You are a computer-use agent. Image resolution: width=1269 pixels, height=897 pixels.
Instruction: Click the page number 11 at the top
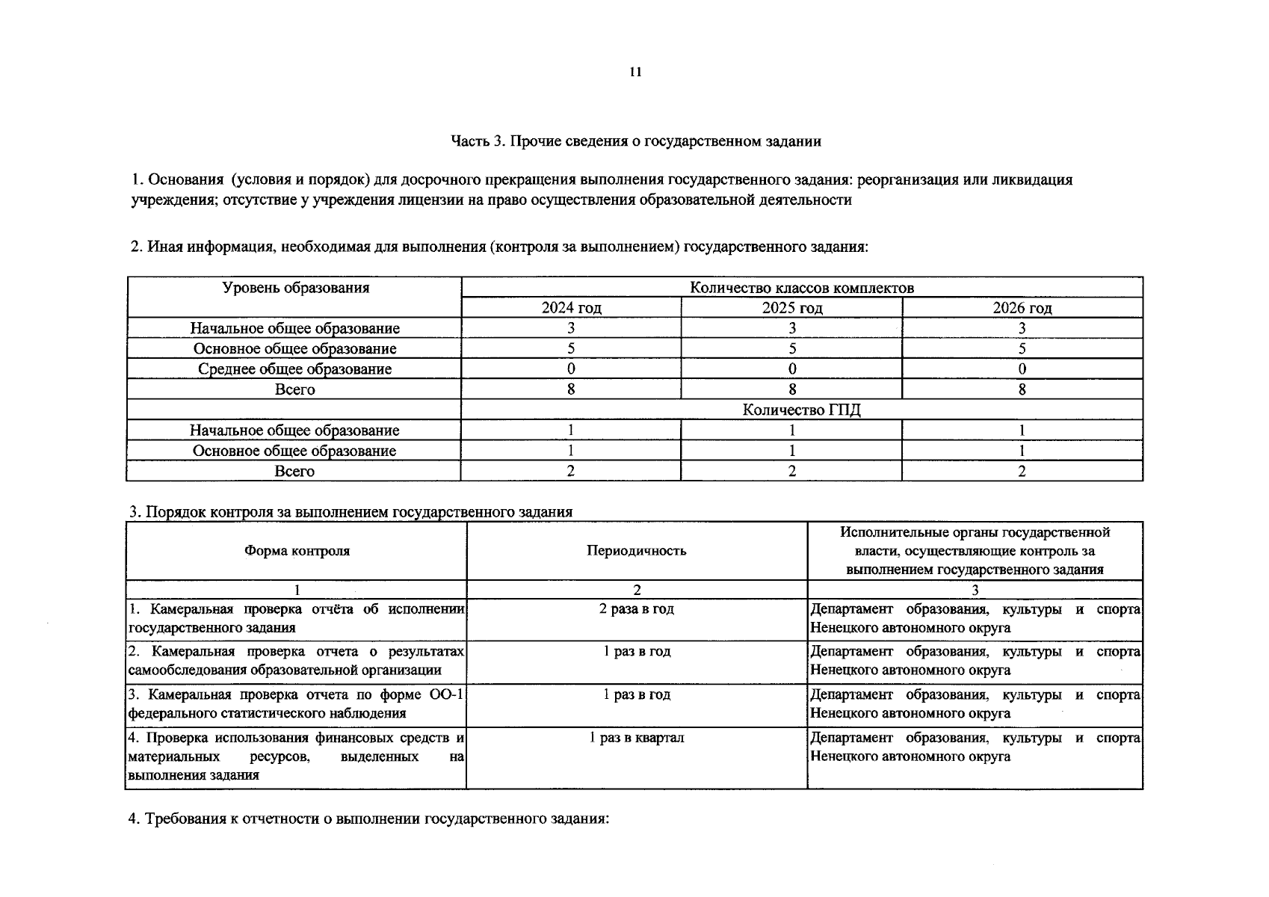tap(635, 72)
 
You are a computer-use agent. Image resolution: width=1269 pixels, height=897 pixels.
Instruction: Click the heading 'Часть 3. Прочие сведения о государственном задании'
tap(635, 141)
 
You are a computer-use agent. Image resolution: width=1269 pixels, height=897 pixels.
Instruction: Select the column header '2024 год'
tap(571, 308)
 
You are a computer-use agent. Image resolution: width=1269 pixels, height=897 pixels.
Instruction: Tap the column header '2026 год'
tap(1022, 308)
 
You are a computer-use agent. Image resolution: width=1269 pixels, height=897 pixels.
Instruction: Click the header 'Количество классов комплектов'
tap(801, 288)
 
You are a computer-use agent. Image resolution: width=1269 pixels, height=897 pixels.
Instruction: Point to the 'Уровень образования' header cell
tap(295, 288)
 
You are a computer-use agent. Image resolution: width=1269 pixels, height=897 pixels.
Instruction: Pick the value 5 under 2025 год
tap(791, 348)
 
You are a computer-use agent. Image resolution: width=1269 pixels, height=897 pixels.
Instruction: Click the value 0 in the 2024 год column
tap(571, 369)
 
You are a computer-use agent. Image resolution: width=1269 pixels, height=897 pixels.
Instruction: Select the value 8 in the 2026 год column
tap(1022, 389)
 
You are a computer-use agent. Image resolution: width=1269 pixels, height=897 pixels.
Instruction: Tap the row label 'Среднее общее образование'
tap(294, 369)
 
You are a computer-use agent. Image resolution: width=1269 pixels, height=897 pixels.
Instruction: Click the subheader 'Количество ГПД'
tap(801, 410)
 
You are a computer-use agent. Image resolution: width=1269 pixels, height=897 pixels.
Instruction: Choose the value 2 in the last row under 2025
tap(791, 471)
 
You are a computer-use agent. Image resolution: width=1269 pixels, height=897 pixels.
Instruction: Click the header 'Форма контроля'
tap(297, 551)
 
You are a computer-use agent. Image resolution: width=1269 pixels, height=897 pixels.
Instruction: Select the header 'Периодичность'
tap(636, 551)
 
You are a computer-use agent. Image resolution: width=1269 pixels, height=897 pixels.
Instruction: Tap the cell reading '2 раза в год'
tap(636, 608)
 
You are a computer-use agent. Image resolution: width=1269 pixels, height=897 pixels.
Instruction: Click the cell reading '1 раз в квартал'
tap(636, 738)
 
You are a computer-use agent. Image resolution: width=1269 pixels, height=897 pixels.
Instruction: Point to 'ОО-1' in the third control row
tap(447, 694)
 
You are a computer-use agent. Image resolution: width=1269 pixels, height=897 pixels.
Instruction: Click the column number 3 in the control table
tap(975, 590)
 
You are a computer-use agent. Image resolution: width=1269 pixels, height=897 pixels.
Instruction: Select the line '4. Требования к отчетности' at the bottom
tap(369, 819)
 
